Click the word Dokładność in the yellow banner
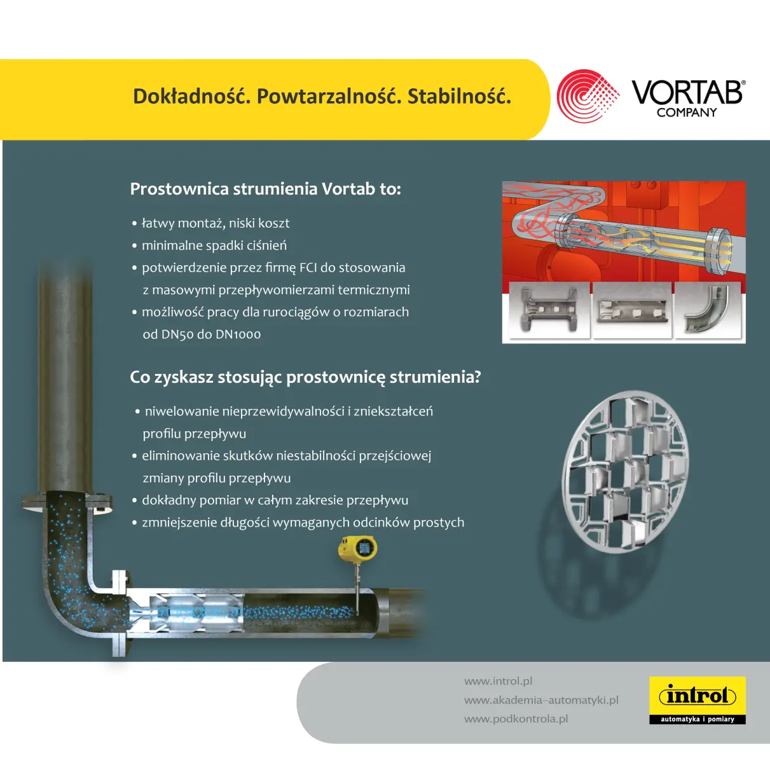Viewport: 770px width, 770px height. (191, 97)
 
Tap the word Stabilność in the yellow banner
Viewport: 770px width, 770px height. (459, 97)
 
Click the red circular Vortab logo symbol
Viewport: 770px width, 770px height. (588, 96)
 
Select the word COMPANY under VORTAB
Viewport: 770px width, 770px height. (687, 113)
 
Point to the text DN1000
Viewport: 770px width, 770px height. (238, 334)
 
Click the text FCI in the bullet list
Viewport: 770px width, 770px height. (308, 267)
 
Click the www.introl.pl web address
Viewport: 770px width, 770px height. (498, 681)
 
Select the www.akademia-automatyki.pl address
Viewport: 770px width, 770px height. (542, 700)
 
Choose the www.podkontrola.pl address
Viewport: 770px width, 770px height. (516, 719)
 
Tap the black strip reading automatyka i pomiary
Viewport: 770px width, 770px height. (698, 719)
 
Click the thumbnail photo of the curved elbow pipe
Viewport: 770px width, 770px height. (708, 310)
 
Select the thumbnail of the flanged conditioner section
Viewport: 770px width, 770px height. (549, 310)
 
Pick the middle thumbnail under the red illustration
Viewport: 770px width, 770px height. (632, 310)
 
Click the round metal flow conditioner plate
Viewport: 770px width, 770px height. (626, 472)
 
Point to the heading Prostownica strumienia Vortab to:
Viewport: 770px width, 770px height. (265, 189)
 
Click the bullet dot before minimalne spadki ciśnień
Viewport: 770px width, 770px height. (135, 245)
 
